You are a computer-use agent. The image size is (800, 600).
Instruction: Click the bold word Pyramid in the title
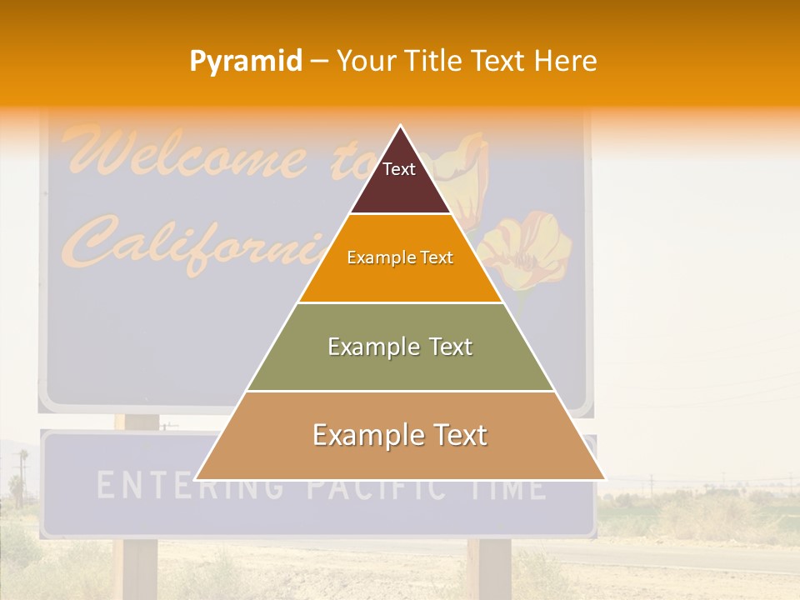(246, 62)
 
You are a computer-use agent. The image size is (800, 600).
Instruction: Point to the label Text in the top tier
(399, 169)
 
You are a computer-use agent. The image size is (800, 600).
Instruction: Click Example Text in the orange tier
(400, 257)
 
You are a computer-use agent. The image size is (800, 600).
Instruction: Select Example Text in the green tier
(400, 347)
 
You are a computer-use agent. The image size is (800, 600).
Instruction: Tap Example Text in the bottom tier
(400, 435)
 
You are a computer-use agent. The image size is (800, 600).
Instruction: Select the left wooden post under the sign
(139, 567)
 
